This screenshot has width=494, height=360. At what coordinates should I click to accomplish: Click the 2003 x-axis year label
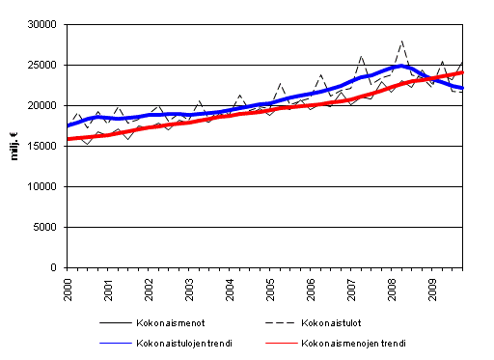point(190,288)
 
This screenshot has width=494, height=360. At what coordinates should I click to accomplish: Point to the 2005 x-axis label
point(271,288)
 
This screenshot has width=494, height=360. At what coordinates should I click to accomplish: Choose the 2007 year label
point(352,288)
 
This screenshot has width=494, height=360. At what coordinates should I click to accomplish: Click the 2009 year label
point(433,288)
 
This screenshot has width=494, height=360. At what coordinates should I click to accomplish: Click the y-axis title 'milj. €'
point(15,145)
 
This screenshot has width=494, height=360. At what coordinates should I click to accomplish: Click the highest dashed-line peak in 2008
point(401,42)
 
